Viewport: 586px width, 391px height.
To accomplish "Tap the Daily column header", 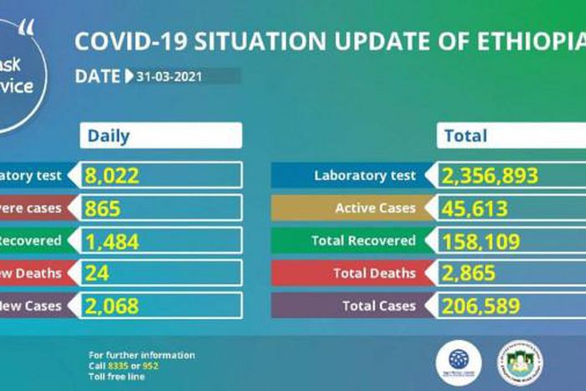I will [x=109, y=136].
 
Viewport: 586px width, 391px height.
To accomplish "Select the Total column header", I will [x=465, y=136].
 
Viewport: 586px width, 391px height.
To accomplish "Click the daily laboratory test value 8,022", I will [x=114, y=176].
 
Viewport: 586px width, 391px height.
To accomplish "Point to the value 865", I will [x=103, y=208].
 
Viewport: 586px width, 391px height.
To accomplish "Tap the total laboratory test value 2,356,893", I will [x=491, y=176].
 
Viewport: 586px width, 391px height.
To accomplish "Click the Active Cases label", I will [x=376, y=208].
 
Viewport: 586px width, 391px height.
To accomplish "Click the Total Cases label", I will [x=378, y=306].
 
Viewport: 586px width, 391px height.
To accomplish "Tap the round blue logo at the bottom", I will [x=459, y=360].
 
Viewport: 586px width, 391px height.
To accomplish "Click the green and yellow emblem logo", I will [x=520, y=362].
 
